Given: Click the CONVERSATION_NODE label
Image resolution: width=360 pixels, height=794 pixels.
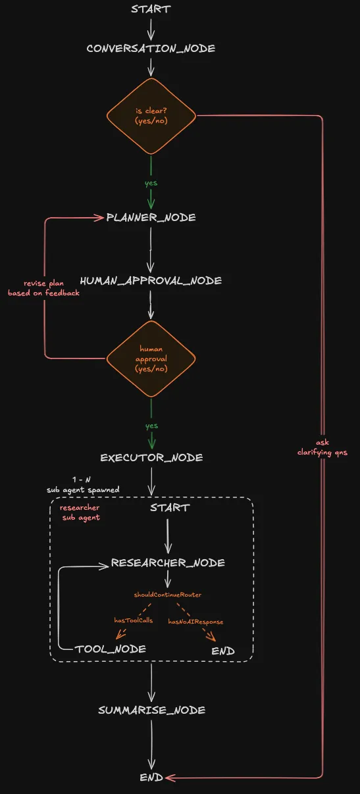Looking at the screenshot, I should point(151,49).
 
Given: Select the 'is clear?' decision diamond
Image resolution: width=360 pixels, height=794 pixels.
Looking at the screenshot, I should point(151,116).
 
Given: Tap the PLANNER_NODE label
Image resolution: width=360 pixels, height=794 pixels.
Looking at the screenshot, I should point(151,218).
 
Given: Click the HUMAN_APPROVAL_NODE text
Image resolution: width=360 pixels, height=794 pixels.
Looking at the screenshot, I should point(151,281).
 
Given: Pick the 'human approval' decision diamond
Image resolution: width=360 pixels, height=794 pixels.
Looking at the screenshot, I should point(151,359).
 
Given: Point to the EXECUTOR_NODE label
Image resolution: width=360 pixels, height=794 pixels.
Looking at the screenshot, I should point(151,458).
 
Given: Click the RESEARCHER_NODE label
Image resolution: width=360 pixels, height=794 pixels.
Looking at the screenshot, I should point(168,563).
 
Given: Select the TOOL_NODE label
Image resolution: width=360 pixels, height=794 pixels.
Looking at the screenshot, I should point(110,649).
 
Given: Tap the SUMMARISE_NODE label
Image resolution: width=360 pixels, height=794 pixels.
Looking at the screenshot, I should point(151,710).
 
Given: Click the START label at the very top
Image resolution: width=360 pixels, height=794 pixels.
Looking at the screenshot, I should point(151,9).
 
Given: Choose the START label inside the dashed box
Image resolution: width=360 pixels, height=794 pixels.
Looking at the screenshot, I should point(169,508).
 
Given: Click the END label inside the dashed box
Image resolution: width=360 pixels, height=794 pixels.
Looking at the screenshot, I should point(223,651).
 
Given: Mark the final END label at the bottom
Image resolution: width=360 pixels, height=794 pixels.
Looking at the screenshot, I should point(151,778).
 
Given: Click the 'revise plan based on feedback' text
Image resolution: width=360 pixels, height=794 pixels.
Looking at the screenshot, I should point(43,288).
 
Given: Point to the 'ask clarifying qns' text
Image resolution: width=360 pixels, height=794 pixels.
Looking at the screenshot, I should point(322,447).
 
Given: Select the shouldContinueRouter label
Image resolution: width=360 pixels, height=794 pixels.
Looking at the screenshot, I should point(168,595).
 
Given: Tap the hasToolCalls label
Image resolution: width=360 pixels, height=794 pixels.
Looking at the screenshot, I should point(134,620).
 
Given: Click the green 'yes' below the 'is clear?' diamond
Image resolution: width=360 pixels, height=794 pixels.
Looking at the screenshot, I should point(151,183).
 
